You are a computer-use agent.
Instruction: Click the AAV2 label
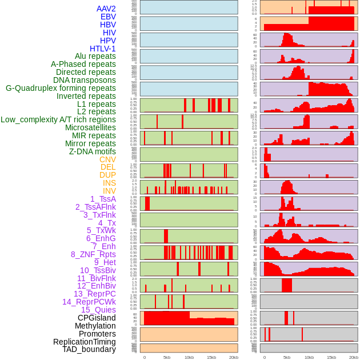tap(106, 9)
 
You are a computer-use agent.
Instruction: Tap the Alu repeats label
tap(95, 56)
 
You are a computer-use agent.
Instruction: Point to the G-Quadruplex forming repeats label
tap(61, 88)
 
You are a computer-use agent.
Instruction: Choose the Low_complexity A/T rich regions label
tap(58, 119)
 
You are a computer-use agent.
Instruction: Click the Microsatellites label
tap(90, 127)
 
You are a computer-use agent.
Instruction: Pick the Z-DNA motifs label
tap(93, 151)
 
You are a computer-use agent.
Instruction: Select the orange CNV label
tap(107, 159)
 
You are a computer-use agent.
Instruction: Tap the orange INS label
tap(109, 183)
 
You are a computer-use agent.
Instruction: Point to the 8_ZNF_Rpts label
tap(93, 254)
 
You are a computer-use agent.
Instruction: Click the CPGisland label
tap(97, 318)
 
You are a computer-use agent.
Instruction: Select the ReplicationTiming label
tap(84, 342)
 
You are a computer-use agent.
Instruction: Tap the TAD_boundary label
tap(89, 349)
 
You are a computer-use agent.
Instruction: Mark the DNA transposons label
tap(85, 80)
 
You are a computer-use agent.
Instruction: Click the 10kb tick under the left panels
tap(189, 357)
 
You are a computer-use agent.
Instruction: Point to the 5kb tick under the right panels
tap(287, 357)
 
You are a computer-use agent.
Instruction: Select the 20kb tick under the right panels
tap(354, 357)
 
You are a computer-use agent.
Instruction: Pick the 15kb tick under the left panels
tap(211, 357)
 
